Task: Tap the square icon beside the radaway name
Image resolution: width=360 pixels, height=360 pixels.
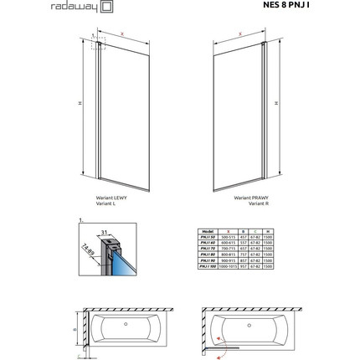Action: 107,8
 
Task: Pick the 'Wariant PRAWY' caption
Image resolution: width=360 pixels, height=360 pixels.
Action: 249,198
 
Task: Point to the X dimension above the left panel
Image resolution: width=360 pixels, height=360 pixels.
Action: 122,34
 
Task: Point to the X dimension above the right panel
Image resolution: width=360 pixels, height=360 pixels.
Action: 240,34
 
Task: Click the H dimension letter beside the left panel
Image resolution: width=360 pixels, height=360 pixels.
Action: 80,103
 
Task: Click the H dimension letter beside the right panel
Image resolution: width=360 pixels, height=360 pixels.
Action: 275,103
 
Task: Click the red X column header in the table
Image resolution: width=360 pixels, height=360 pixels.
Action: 229,229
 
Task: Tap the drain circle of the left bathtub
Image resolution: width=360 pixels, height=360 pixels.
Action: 126,322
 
